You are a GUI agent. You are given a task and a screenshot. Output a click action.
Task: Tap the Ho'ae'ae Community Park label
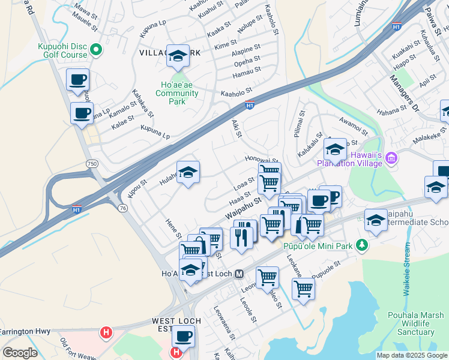click(176, 93)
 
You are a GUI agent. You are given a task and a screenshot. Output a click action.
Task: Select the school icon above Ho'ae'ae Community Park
click(177, 56)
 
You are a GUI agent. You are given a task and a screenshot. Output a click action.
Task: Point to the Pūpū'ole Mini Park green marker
click(361, 245)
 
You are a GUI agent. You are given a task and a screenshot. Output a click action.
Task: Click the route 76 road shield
click(122, 208)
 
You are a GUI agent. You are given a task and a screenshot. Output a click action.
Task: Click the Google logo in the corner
click(20, 353)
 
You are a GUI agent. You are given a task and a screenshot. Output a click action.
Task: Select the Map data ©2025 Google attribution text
click(411, 355)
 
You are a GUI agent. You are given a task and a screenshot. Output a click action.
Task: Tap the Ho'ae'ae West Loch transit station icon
click(239, 274)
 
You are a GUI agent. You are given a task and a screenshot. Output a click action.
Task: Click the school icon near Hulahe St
click(188, 173)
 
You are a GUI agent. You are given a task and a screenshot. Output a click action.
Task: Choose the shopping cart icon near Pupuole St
click(303, 288)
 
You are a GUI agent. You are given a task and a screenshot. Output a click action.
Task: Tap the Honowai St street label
click(262, 160)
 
